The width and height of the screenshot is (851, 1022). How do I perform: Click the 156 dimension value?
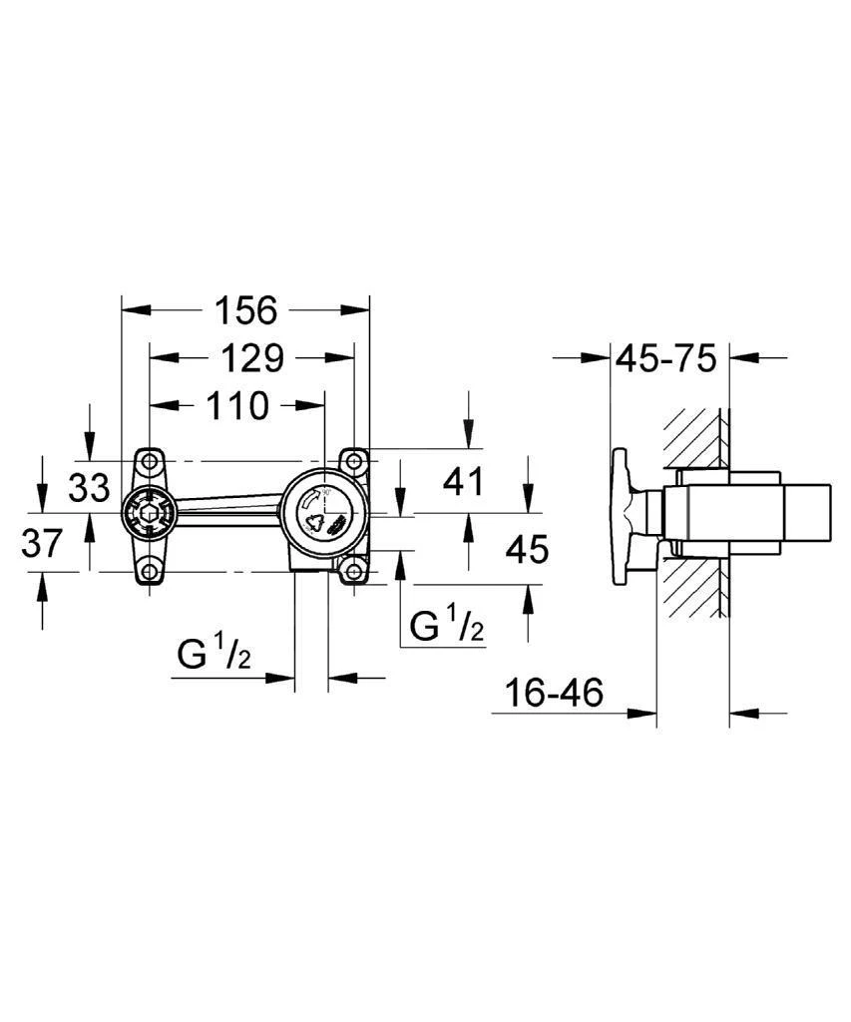pos(245,310)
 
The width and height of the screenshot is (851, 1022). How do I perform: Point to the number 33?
pos(89,489)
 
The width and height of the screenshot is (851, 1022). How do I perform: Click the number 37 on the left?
pos(42,545)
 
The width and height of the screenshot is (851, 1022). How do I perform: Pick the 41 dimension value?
pos(461,481)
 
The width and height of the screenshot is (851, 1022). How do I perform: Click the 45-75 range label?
pos(665,357)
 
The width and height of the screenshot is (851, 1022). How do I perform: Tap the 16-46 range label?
pos(554,694)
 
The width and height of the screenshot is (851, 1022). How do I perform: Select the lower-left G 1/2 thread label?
pos(213,656)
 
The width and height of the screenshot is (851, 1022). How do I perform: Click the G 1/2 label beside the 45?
pos(448,626)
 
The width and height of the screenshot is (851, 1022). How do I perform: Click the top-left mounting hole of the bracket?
pos(149,461)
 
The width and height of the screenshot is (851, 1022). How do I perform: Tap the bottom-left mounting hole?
pos(149,572)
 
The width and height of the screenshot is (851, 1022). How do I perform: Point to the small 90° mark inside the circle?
pos(325,493)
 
